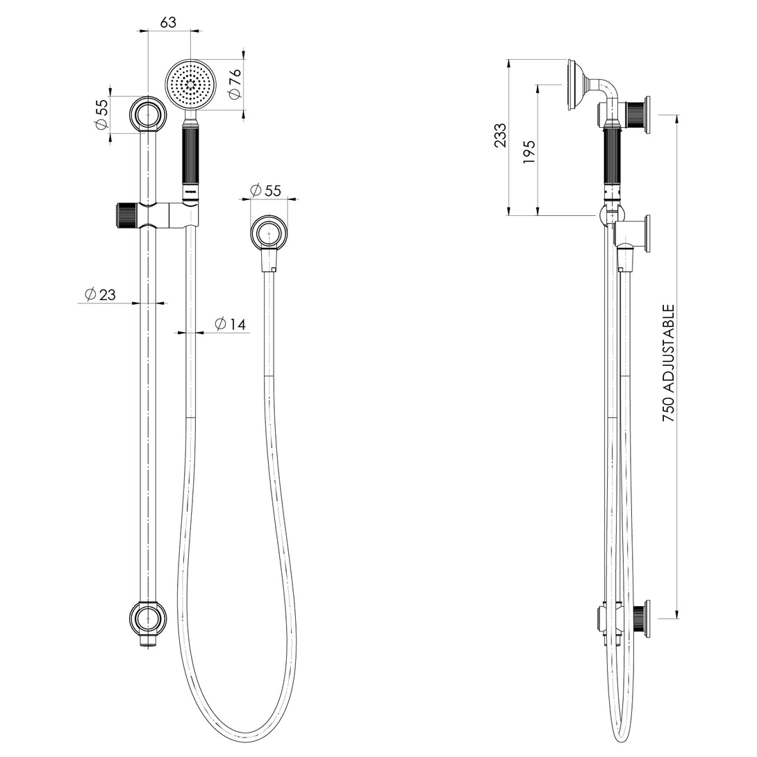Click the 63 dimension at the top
[168, 22]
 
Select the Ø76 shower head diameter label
[235, 83]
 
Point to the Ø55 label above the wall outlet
[263, 190]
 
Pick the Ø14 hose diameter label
[231, 324]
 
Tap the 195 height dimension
[529, 151]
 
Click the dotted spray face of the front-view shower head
[191, 83]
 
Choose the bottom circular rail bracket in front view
[148, 617]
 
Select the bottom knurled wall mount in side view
[639, 617]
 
